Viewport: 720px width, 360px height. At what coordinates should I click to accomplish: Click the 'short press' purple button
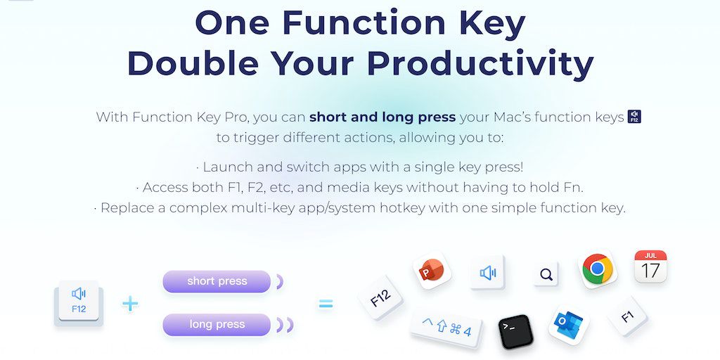click(217, 281)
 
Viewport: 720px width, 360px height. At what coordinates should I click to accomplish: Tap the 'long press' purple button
click(217, 325)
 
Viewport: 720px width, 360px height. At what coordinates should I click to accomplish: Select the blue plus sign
click(130, 304)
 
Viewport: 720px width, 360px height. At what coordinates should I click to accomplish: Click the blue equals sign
click(326, 304)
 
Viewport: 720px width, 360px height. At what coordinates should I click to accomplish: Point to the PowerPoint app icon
click(432, 271)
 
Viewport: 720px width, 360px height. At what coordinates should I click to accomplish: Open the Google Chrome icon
click(598, 269)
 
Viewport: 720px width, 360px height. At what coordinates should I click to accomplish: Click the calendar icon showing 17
click(650, 266)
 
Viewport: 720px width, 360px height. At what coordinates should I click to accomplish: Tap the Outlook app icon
click(568, 325)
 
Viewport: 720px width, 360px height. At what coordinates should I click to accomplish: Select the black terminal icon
click(515, 332)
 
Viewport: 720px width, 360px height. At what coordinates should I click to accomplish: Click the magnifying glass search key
click(546, 274)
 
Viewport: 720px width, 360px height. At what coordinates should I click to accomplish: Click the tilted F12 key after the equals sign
click(380, 297)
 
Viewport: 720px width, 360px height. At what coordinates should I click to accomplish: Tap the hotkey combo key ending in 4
click(446, 328)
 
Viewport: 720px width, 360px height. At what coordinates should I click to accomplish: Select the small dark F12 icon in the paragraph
click(635, 117)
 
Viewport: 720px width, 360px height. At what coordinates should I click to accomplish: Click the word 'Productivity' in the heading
click(480, 63)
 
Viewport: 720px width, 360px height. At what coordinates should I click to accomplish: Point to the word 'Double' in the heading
click(193, 63)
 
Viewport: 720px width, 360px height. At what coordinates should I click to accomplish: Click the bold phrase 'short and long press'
click(382, 117)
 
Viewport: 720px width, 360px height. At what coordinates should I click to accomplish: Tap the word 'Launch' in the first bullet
click(227, 167)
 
